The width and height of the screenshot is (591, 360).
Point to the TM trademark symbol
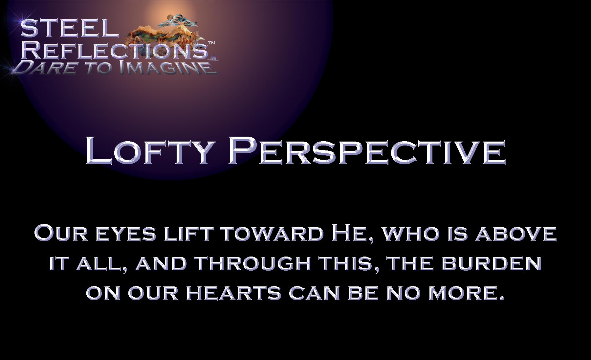[x=212, y=43]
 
